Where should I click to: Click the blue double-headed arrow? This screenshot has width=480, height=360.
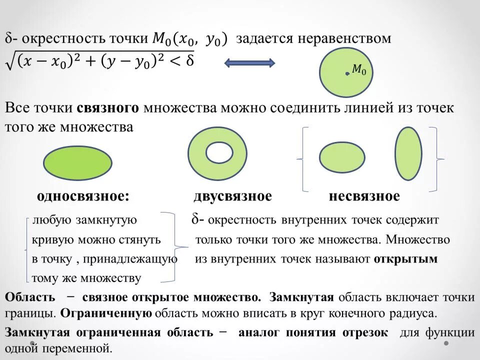249,63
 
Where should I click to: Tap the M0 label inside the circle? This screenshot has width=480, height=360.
359,70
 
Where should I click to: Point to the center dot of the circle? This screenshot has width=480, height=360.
347,74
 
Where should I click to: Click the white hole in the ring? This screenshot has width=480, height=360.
217,152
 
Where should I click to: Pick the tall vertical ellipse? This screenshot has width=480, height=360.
408,153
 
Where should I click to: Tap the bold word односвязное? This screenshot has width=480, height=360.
83,196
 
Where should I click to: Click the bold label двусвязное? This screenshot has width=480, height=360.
232,196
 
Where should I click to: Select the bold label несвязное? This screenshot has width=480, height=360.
364,196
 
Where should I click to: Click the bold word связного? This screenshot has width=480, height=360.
107,108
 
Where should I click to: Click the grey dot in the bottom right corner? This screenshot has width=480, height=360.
446,343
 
